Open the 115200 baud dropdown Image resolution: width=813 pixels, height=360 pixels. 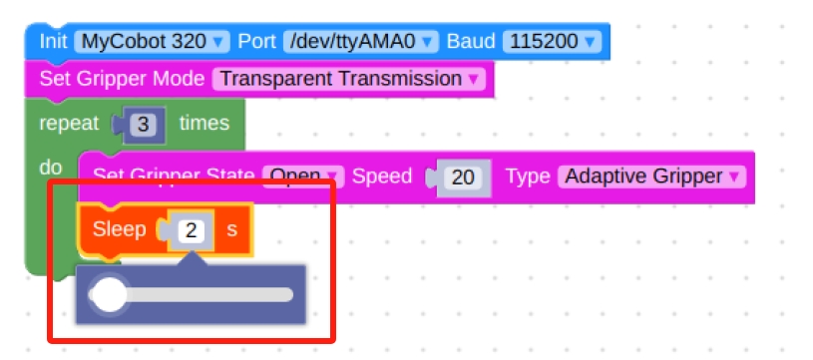tap(552, 42)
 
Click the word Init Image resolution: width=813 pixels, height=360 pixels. tap(53, 42)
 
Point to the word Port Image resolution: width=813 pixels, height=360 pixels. tap(257, 42)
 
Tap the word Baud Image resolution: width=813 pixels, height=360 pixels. tap(470, 42)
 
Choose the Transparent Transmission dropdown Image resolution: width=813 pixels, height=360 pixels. tap(348, 78)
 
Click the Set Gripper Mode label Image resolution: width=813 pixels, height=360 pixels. tap(122, 78)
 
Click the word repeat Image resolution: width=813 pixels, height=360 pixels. tap(70, 124)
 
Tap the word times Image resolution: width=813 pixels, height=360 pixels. tap(203, 124)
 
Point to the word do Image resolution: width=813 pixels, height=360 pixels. tap(50, 168)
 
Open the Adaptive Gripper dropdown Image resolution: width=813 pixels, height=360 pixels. tap(651, 177)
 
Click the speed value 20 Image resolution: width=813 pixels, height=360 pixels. tap(462, 178)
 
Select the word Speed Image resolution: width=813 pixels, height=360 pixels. tap(382, 177)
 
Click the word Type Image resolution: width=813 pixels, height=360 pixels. tap(528, 177)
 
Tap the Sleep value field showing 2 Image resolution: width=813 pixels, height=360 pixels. tap(193, 230)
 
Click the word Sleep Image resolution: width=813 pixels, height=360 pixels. tap(119, 229)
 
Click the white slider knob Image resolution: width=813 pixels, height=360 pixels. tap(108, 295)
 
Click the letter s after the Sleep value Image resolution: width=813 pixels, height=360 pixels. tap(231, 229)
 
